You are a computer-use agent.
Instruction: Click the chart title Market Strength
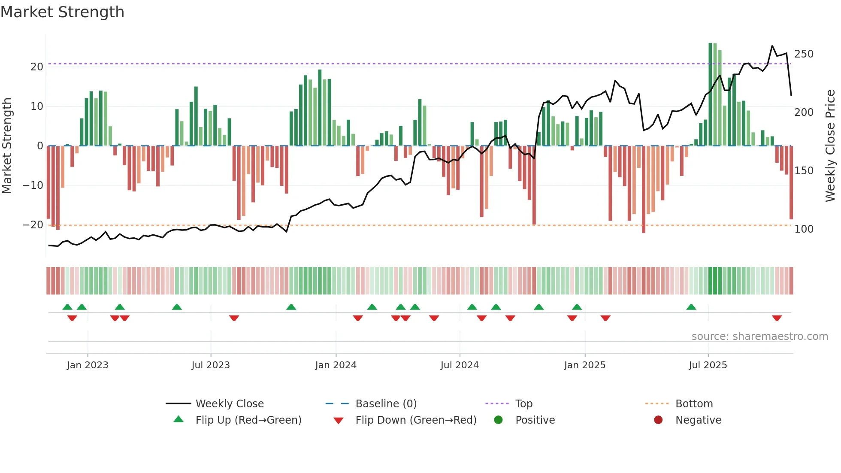62,12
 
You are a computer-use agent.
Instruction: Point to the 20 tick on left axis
37,67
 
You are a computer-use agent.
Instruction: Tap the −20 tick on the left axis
33,225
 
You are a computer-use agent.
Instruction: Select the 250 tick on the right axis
804,54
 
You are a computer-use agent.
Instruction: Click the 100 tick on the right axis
804,229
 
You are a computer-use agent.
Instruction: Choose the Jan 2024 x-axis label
336,365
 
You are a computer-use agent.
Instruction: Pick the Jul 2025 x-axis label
708,365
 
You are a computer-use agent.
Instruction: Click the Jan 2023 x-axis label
88,365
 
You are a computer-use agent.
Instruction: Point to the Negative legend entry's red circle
658,420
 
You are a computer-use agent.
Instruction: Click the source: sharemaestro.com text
759,337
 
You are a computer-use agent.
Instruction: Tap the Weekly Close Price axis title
830,146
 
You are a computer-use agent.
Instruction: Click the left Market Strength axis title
7,146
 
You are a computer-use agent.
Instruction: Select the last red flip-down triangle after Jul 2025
777,318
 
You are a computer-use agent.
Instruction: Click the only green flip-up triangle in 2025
691,307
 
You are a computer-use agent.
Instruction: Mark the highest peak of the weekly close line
772,46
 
